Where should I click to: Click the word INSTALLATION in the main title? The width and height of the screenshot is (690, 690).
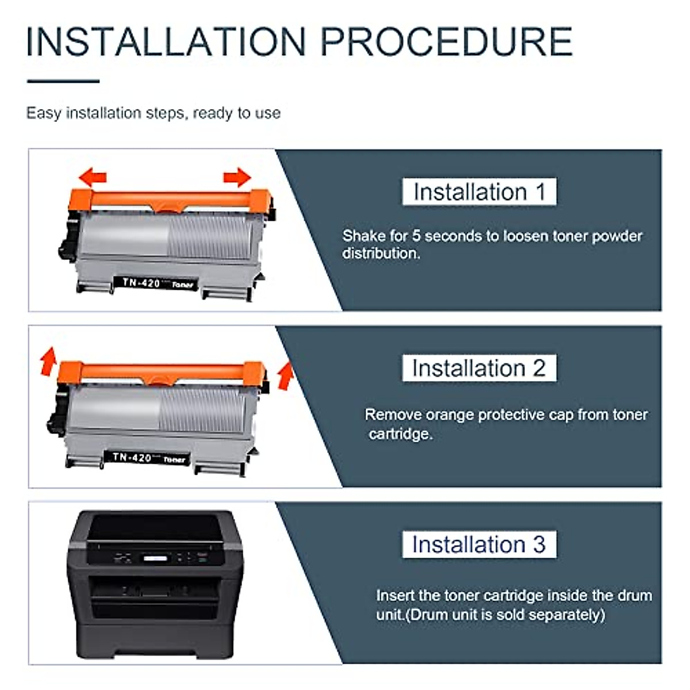pyautogui.click(x=166, y=42)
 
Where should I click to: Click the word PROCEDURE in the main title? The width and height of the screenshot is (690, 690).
pyautogui.click(x=446, y=42)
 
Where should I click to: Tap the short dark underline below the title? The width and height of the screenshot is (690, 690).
pyautogui.click(x=63, y=81)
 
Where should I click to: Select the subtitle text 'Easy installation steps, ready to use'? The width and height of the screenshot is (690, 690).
pyautogui.click(x=154, y=113)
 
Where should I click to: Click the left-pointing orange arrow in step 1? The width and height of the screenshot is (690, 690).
pyautogui.click(x=93, y=177)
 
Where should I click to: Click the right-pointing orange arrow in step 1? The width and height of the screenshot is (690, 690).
pyautogui.click(x=237, y=177)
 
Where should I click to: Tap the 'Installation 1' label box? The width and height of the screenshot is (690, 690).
pyautogui.click(x=479, y=192)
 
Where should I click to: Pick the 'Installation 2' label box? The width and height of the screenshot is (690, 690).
pyautogui.click(x=479, y=368)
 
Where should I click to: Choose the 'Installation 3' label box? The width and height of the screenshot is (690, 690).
pyautogui.click(x=479, y=545)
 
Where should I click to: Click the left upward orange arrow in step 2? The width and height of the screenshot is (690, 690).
pyautogui.click(x=48, y=361)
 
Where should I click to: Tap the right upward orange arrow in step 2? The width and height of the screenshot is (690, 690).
pyautogui.click(x=285, y=375)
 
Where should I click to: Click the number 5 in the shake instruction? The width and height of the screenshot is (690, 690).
pyautogui.click(x=416, y=236)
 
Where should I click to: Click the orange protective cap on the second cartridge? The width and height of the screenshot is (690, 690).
pyautogui.click(x=161, y=373)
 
